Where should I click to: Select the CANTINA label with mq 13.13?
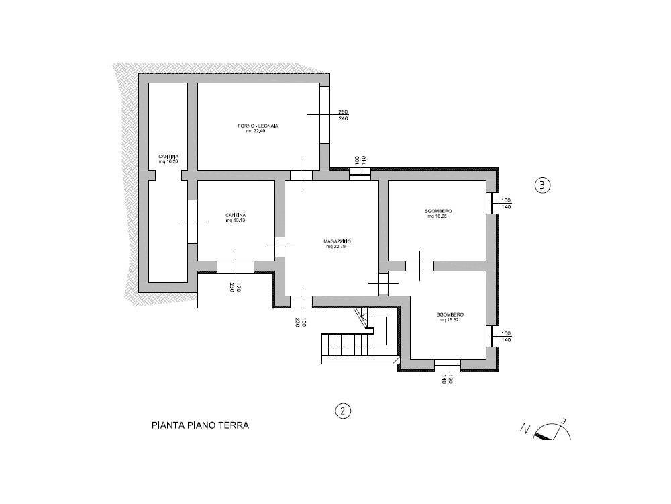[x=236, y=218]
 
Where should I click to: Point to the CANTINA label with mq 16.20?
[x=168, y=159]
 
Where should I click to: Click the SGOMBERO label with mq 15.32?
[x=451, y=317]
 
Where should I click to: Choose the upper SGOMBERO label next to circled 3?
[x=437, y=214]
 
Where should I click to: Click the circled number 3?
[x=542, y=185]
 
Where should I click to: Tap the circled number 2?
[x=343, y=410]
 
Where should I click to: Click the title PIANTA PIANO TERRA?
[x=200, y=426]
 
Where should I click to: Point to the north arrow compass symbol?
[x=547, y=430]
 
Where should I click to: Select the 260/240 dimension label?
[x=343, y=115]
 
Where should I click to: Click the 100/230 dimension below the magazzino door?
[x=300, y=322]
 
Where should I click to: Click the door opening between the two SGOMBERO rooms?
[x=419, y=265]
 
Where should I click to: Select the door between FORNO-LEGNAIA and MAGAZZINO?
[x=301, y=175]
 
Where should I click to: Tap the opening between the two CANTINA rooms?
[x=192, y=222]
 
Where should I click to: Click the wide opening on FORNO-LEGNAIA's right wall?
[x=325, y=115]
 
